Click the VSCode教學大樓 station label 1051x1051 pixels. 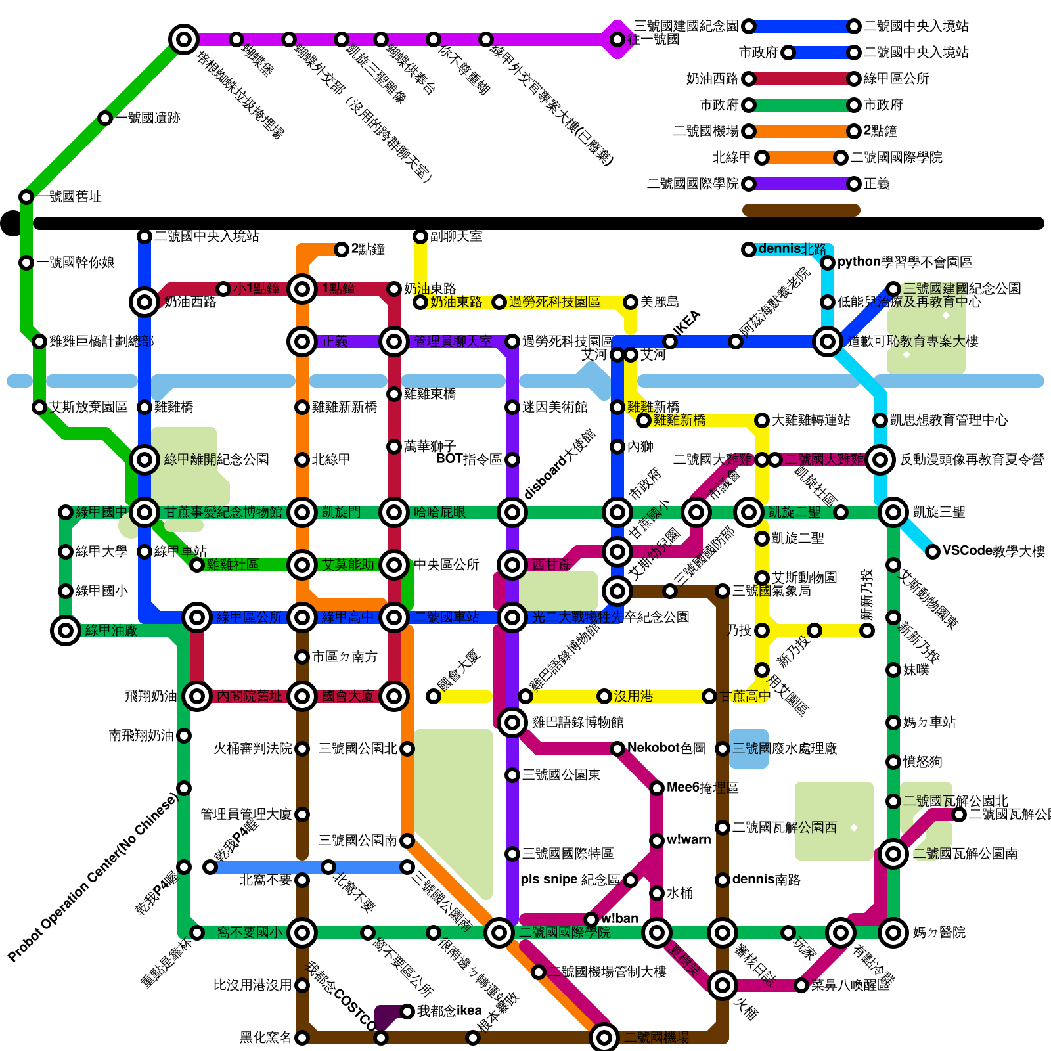pyautogui.click(x=993, y=551)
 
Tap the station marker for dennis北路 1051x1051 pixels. pyautogui.click(x=749, y=250)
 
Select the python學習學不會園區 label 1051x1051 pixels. pyautogui.click(x=905, y=262)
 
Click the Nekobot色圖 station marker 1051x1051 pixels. pyautogui.click(x=617, y=749)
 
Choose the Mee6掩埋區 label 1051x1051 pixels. pyautogui.click(x=702, y=787)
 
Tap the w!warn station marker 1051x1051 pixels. pyautogui.click(x=657, y=841)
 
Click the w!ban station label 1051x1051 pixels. pyautogui.click(x=619, y=918)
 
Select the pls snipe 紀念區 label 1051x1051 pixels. pyautogui.click(x=570, y=880)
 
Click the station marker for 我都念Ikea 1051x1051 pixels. pyautogui.click(x=407, y=1012)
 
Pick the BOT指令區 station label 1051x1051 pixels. pyautogui.click(x=469, y=459)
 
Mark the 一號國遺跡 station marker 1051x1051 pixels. pyautogui.click(x=105, y=118)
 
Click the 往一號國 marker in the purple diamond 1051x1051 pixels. pyautogui.click(x=617, y=39)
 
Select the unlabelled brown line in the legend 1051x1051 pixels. pyautogui.click(x=801, y=210)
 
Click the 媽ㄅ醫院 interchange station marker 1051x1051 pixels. pyautogui.click(x=893, y=933)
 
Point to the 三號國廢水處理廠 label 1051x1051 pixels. pyautogui.click(x=784, y=748)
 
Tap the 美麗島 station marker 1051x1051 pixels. pyautogui.click(x=631, y=302)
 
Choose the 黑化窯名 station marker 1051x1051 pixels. pyautogui.click(x=302, y=1038)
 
